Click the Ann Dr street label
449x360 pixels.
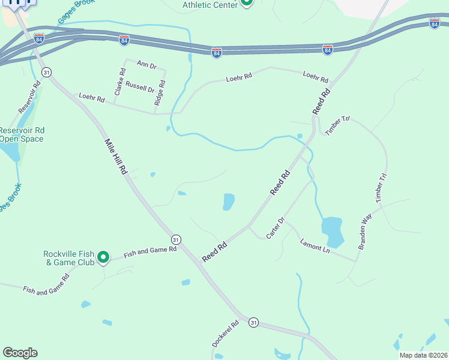[146, 64]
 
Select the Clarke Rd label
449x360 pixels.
[120, 82]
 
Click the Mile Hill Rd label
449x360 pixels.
[116, 157]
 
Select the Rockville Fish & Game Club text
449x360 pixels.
[68, 257]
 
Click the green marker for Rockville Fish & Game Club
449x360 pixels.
[103, 257]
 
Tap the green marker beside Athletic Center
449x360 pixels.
[246, 3]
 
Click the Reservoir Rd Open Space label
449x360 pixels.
[22, 134]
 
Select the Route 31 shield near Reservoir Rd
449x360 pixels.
[46, 72]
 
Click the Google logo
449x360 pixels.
[20, 352]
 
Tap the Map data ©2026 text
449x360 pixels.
[423, 355]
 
